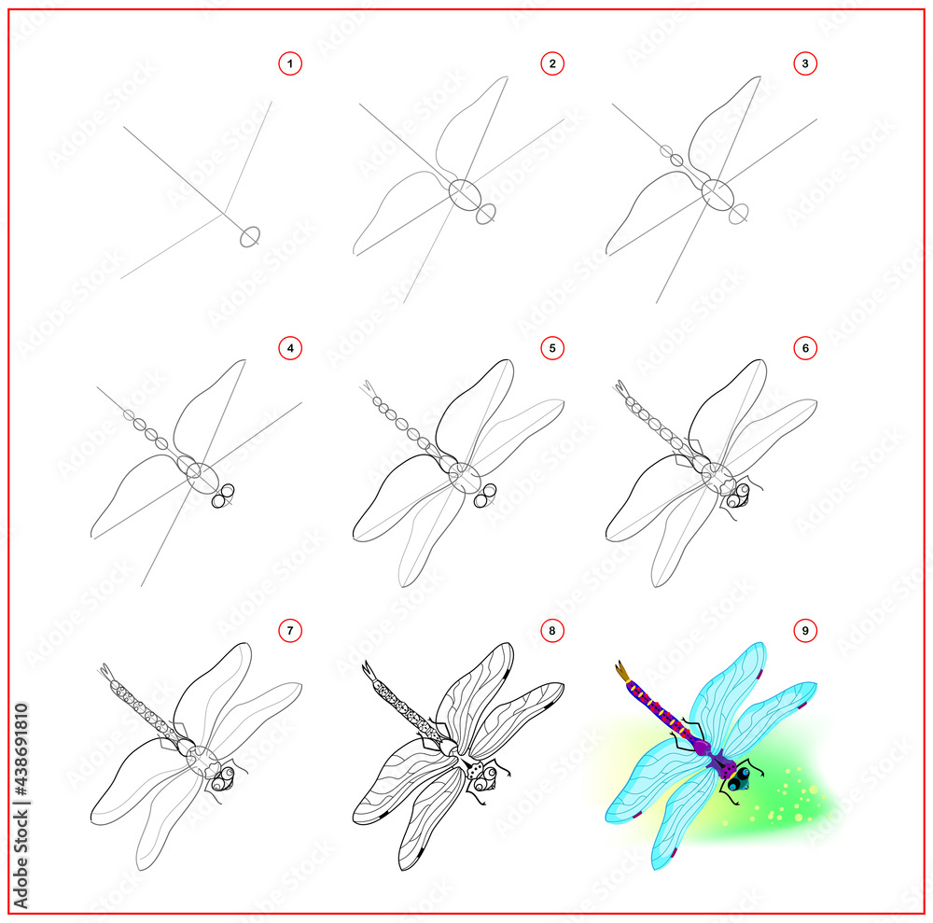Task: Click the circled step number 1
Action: click(x=291, y=64)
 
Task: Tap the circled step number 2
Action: click(x=552, y=64)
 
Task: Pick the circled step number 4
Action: click(x=291, y=348)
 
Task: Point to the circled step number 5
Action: click(x=552, y=348)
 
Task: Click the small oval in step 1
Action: click(x=249, y=236)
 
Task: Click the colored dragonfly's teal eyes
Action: click(x=741, y=777)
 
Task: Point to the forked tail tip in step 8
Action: click(x=367, y=670)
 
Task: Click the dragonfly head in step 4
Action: click(x=224, y=496)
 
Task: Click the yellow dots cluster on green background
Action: click(x=788, y=802)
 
